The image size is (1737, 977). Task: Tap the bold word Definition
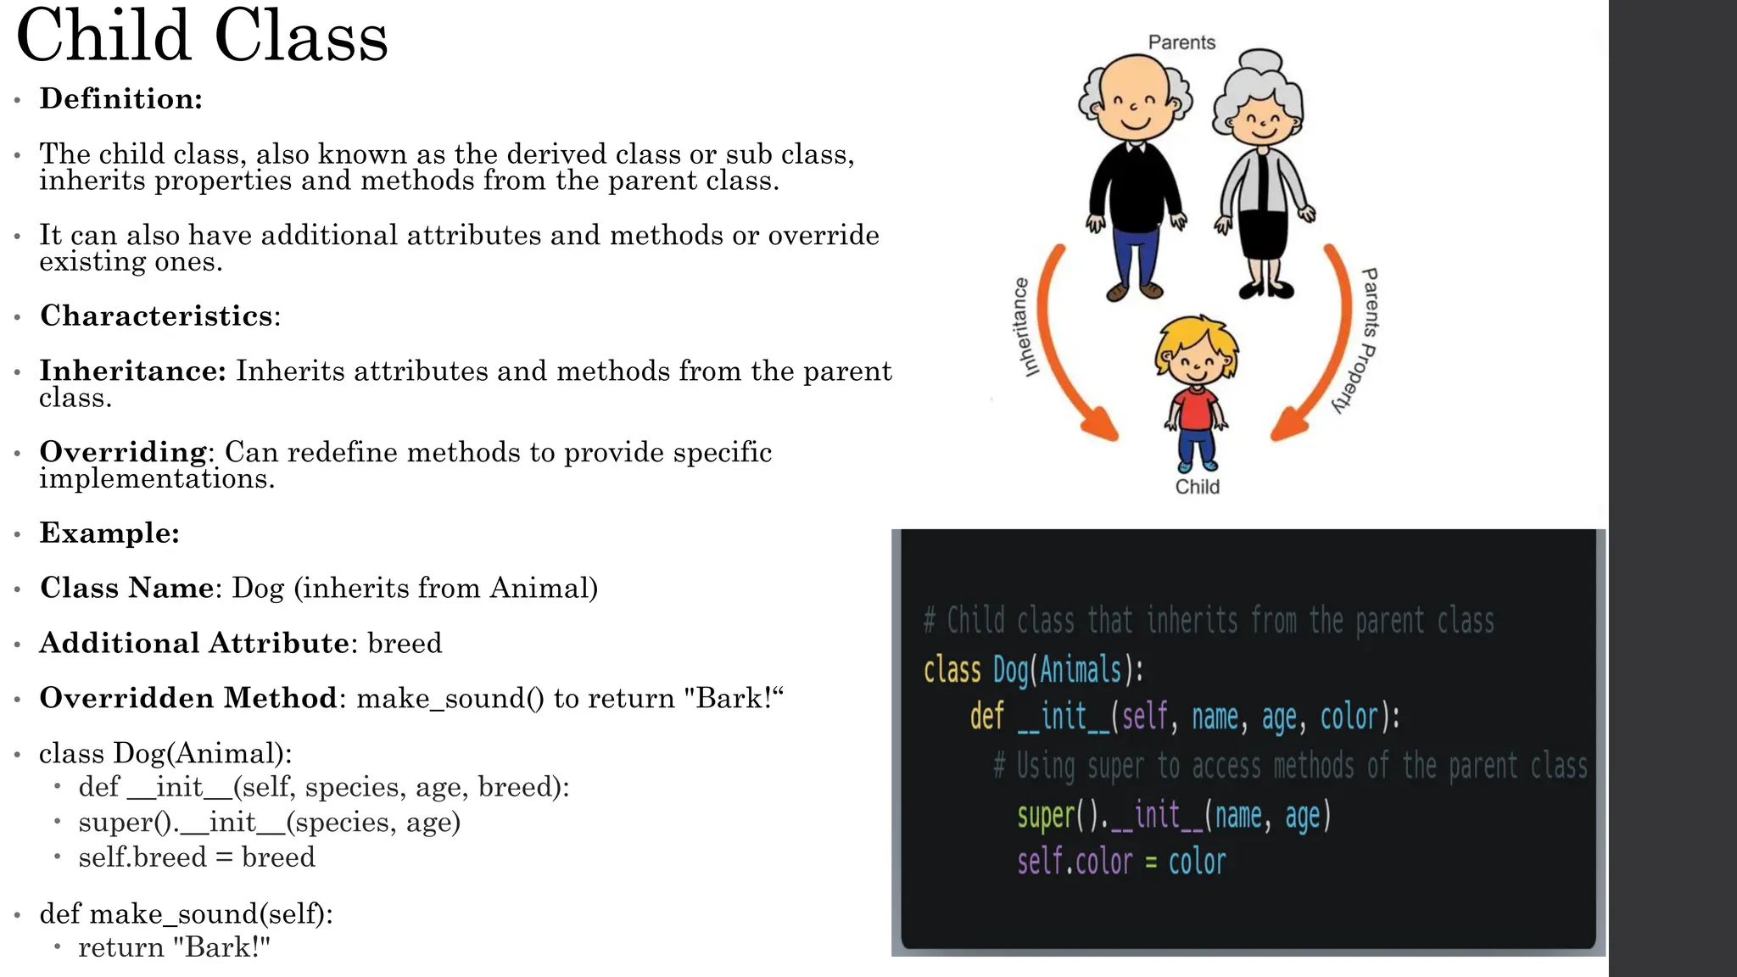click(x=120, y=98)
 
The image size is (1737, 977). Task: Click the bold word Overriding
click(x=123, y=451)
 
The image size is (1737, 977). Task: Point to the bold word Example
click(x=109, y=533)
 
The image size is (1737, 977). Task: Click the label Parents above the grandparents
click(x=1181, y=42)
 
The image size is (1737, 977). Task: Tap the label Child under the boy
click(x=1197, y=487)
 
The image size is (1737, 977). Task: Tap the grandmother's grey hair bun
click(x=1263, y=64)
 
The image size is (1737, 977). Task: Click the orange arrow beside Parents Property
click(x=1323, y=348)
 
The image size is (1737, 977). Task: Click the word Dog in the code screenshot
click(x=1010, y=670)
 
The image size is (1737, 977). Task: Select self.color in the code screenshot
click(x=1075, y=863)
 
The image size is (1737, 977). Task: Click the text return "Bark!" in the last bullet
click(x=174, y=947)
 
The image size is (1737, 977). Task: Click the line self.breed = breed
click(x=197, y=857)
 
